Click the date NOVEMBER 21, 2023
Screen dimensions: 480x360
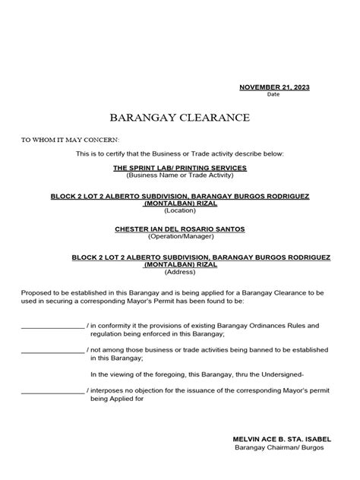[x=274, y=87]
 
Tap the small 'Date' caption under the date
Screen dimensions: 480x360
[x=273, y=95]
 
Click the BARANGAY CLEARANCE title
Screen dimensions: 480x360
[x=179, y=118]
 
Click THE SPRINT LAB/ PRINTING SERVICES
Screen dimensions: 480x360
[x=180, y=167]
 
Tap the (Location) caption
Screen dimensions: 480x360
[x=180, y=210]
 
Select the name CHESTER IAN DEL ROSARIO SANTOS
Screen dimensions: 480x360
[x=180, y=229]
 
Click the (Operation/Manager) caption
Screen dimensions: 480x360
[x=180, y=236]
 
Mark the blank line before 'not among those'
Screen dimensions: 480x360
[x=52, y=351]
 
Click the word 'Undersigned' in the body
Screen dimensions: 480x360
[x=280, y=374]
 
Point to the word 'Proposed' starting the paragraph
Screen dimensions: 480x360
[x=36, y=292]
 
